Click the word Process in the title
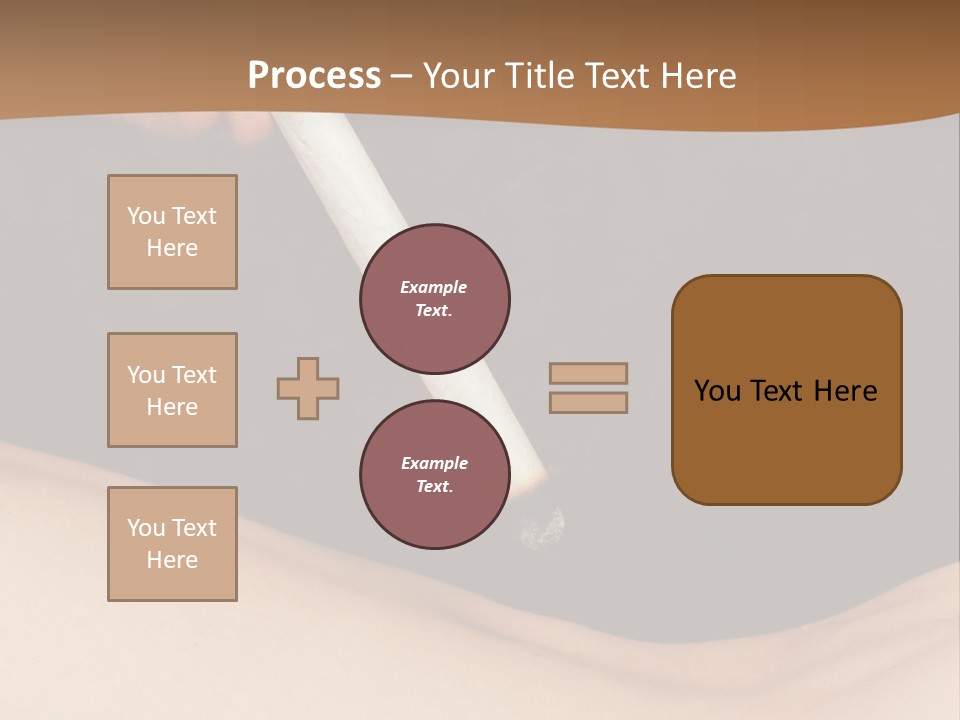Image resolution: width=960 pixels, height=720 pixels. (x=314, y=76)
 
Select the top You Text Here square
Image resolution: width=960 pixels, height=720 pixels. (x=172, y=232)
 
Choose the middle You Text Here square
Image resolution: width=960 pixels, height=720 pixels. (x=172, y=390)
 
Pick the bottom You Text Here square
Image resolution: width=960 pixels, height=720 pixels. (x=172, y=544)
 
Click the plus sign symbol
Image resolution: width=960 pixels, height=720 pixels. (x=308, y=388)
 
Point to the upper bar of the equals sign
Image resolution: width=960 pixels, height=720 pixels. (x=588, y=373)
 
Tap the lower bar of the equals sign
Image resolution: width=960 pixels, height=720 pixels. (x=588, y=402)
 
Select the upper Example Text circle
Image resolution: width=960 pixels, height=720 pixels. (x=435, y=299)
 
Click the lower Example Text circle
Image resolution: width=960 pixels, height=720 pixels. (x=435, y=475)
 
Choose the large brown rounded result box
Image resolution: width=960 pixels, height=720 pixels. (x=786, y=390)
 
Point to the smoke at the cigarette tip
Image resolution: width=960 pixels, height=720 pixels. (x=543, y=527)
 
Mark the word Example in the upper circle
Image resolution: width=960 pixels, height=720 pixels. (x=434, y=287)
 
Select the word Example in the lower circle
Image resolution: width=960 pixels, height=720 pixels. (x=434, y=463)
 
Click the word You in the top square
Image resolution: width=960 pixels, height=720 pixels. (x=146, y=216)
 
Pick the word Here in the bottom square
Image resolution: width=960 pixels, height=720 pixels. (x=172, y=560)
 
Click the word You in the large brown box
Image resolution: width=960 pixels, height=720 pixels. (x=717, y=391)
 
